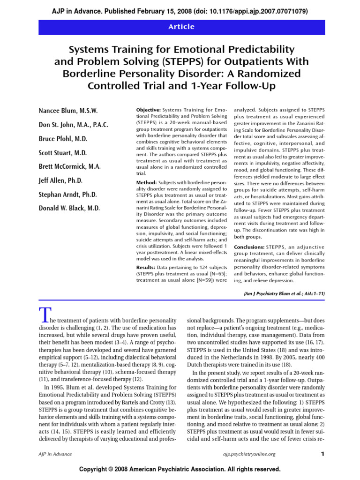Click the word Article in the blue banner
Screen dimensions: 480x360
pos(181,27)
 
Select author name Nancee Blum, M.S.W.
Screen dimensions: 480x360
pos(68,111)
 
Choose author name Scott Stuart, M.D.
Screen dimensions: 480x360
pos(62,153)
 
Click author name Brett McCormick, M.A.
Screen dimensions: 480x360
pos(69,166)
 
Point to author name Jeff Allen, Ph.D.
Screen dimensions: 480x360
pos(61,180)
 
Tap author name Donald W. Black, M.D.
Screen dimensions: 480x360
pos(69,208)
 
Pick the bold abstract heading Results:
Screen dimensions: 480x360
pos(146,267)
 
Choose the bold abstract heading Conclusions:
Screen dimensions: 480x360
pos(249,247)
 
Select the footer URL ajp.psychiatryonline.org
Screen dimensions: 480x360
pos(248,454)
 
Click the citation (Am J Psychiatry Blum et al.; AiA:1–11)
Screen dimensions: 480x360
pos(284,293)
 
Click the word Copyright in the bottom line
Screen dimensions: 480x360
pos(95,469)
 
